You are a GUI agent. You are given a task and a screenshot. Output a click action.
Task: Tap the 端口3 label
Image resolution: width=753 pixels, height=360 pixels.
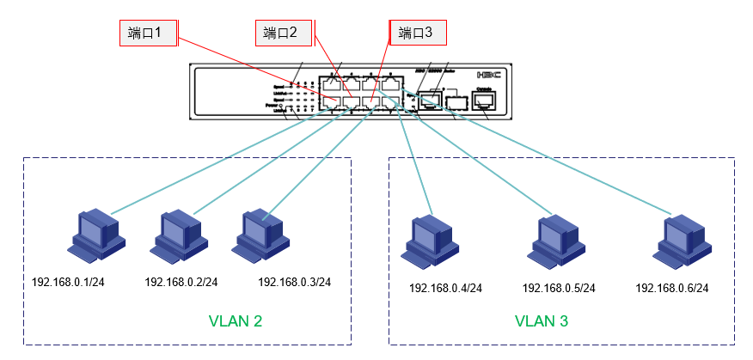pyautogui.click(x=419, y=34)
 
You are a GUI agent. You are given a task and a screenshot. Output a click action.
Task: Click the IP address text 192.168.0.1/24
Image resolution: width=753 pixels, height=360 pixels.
pyautogui.click(x=68, y=282)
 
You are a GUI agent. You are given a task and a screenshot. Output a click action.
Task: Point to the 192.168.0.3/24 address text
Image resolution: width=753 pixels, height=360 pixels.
pyautogui.click(x=294, y=282)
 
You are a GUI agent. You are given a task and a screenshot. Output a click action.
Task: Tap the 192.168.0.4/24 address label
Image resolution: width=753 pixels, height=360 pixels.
pyautogui.click(x=445, y=289)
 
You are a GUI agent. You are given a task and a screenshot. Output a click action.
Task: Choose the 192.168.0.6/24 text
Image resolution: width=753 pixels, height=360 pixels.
pyautogui.click(x=671, y=289)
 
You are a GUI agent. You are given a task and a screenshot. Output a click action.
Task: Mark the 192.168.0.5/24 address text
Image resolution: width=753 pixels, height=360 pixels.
pyautogui.click(x=559, y=289)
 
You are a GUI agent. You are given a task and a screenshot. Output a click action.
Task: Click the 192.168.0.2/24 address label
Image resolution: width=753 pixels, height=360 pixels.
pyautogui.click(x=181, y=282)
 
